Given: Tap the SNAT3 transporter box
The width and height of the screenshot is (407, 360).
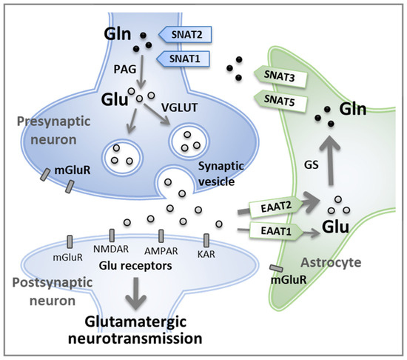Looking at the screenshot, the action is point(280,76).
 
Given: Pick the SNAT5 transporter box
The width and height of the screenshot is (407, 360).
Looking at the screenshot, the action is point(280,101).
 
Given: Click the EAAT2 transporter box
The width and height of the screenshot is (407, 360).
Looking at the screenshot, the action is point(276,207).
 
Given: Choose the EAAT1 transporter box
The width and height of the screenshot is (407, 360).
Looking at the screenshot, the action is point(276,230).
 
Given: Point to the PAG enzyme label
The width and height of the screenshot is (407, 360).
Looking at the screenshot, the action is point(125,69).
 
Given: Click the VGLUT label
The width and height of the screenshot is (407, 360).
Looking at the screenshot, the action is point(179,107).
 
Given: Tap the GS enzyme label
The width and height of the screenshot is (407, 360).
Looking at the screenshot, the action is point(311,164).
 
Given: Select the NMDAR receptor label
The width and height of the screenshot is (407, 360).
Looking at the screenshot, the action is point(111,249).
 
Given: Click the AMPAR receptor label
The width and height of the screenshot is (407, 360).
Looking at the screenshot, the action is point(161,251).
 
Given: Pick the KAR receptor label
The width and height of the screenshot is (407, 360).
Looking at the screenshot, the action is point(206,254).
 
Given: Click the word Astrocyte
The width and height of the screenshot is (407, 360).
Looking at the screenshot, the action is point(331,262).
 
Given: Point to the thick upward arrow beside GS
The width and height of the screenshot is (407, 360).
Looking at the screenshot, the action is point(330,161).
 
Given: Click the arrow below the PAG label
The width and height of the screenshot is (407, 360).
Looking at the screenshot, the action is point(142,72).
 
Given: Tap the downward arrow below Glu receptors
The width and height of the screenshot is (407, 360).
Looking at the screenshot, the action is point(135,293).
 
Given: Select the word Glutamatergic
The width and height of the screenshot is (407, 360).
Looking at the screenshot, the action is point(135,323).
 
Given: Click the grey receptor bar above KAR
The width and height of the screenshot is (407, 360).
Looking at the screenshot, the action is point(206,240).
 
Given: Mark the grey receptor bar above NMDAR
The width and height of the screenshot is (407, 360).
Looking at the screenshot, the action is point(112,236).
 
